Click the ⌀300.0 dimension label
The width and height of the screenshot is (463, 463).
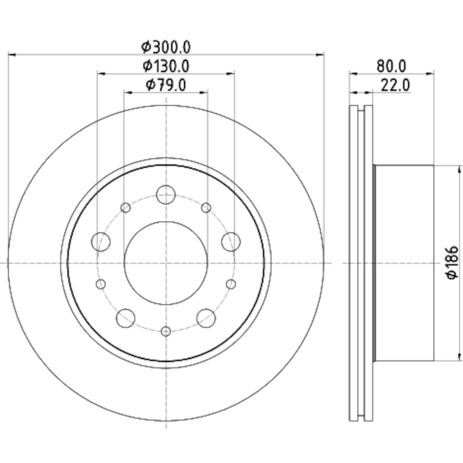coord(166,47)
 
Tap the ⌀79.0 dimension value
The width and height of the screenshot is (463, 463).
coord(166,85)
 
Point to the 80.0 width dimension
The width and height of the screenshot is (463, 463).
coord(392,66)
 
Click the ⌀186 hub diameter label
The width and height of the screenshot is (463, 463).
coord(453,263)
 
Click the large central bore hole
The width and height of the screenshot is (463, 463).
coord(166,263)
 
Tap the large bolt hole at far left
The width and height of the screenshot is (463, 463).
coord(101,242)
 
